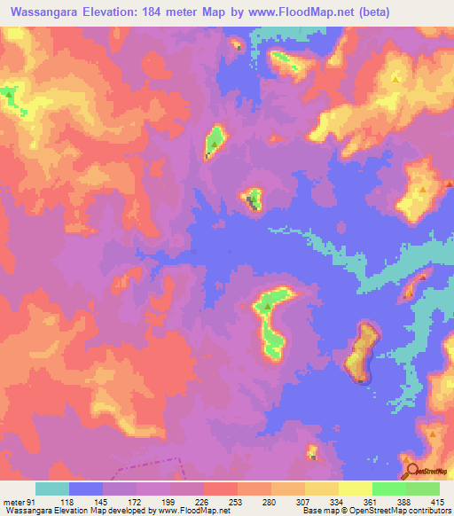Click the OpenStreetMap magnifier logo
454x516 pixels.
[x=411, y=472]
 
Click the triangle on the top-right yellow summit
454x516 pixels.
[x=395, y=78]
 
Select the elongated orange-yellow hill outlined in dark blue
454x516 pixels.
[x=362, y=351]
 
